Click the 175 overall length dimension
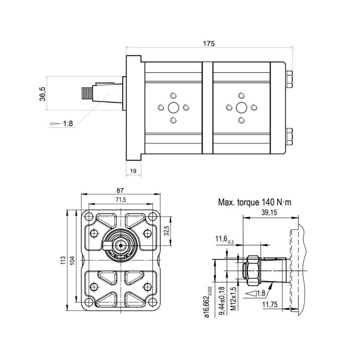[209, 43]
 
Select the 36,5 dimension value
[43, 94]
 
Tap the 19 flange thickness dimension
[133, 171]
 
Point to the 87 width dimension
[120, 190]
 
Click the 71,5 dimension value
[121, 200]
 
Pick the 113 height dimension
[63, 261]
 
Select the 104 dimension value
[72, 261]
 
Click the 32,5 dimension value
[166, 230]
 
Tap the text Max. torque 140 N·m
[255, 202]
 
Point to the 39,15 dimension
[269, 212]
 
